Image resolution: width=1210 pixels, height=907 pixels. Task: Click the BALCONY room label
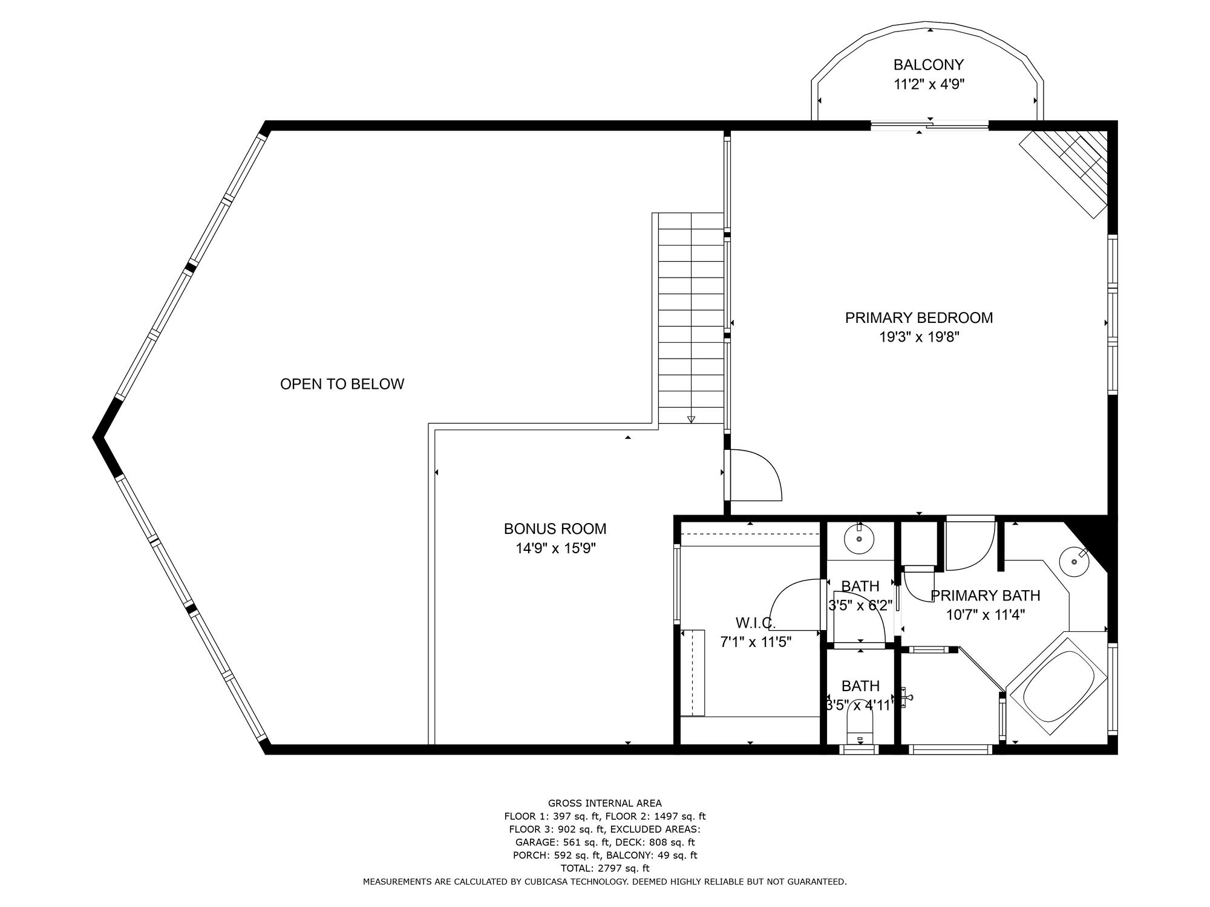pos(929,65)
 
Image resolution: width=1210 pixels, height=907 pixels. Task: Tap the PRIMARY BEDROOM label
pos(919,317)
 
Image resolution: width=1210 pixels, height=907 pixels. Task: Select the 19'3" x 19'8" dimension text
pos(919,337)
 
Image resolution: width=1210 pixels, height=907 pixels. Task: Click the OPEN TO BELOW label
pos(342,384)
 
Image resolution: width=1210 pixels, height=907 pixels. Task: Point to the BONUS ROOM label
pos(555,529)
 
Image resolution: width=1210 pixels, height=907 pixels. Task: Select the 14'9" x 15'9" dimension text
pos(555,548)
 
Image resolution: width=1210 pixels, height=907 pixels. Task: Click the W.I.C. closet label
pos(756,623)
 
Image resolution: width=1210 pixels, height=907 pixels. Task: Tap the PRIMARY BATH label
pos(985,596)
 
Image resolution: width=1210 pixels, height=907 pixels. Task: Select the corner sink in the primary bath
pos(1074,561)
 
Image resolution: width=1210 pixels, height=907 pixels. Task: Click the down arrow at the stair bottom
pos(691,419)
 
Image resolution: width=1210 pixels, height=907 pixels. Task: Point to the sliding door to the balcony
pos(929,126)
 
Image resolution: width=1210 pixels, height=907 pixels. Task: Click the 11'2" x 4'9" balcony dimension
pos(929,84)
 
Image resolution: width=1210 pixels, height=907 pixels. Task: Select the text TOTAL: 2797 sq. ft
pos(605,868)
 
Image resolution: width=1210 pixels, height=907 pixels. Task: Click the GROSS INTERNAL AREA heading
pos(605,803)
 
